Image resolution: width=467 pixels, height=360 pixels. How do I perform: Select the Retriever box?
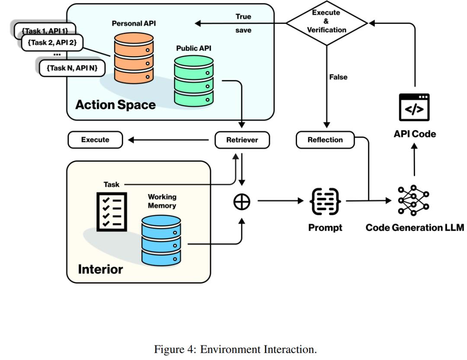242,140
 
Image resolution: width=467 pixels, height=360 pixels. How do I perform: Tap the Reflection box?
325,140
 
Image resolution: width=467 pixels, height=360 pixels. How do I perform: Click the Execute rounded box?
95,140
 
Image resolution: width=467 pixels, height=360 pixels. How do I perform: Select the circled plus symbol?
242,202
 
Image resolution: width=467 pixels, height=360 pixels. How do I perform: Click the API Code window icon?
414,107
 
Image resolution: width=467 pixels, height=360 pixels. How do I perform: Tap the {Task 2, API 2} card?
51,42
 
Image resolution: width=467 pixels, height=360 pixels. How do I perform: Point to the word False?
338,77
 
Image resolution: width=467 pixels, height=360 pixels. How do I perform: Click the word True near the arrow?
243,16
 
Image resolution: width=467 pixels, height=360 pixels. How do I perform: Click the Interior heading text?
100,269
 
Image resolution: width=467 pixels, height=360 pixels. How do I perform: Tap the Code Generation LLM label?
415,227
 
